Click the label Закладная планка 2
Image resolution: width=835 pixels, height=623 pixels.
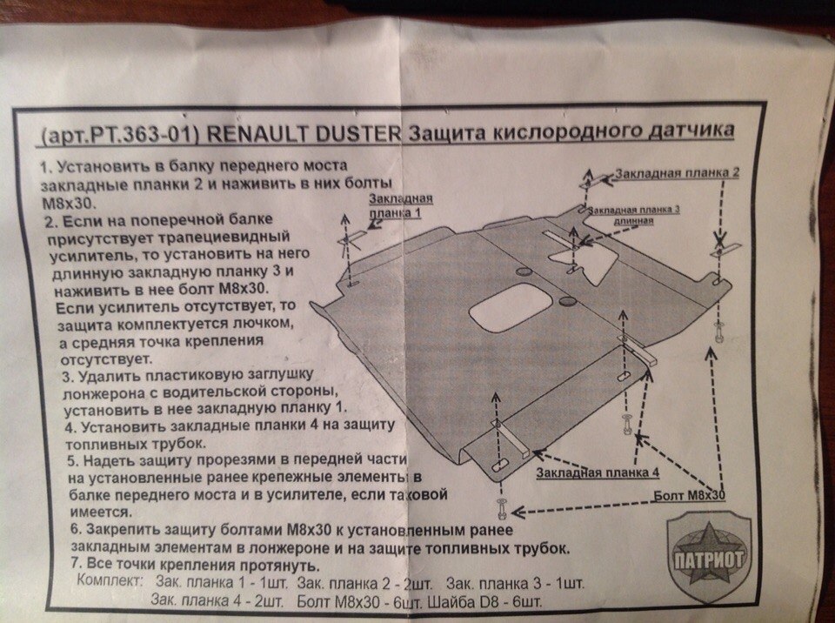click(677, 173)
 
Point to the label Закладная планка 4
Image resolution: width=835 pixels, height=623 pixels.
click(598, 472)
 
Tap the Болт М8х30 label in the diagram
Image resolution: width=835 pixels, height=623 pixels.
click(689, 495)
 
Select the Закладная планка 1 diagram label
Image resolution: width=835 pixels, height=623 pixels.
click(400, 205)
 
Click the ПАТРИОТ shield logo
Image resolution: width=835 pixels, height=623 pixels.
click(709, 558)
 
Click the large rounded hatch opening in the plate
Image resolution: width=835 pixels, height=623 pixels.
click(510, 308)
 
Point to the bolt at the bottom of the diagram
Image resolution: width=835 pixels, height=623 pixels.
click(502, 510)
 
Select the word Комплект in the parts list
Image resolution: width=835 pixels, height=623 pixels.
click(110, 581)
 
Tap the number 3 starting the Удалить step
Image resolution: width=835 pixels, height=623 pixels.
click(67, 377)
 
